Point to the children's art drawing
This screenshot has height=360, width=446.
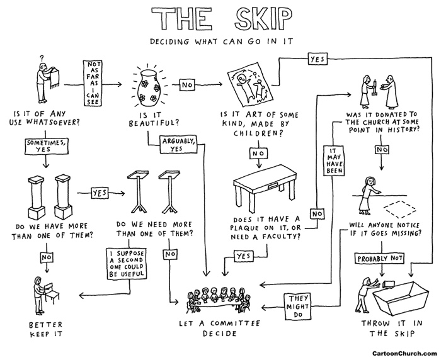tap(250, 87)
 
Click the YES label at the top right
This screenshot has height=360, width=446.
tap(316, 59)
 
